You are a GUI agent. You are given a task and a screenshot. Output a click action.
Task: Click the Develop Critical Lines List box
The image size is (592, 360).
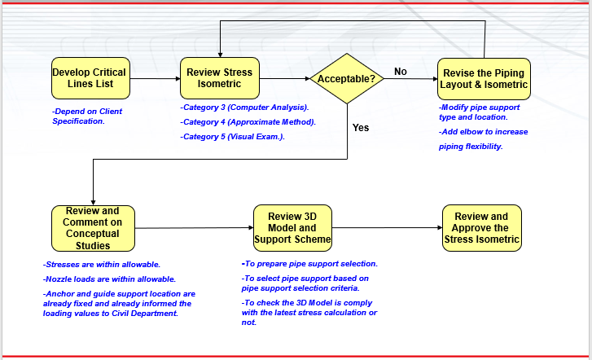90,78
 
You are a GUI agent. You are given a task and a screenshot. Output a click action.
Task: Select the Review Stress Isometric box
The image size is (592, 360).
220,78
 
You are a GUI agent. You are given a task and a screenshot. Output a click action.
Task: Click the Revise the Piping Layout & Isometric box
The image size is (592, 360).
484,78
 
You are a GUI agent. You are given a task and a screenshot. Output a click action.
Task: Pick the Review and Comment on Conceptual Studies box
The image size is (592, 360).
92,228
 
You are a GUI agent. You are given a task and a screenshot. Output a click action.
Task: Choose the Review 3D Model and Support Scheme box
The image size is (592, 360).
292,227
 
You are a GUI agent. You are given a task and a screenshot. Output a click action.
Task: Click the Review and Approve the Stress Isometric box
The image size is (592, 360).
481,228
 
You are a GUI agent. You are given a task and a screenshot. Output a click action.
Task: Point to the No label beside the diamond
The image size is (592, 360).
401,72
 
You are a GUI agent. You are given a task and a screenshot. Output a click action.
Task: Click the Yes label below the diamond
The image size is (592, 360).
361,128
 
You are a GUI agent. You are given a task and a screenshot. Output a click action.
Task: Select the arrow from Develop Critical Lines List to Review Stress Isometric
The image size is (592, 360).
154,79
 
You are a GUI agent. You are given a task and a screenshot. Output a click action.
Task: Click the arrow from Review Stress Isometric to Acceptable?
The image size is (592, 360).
285,79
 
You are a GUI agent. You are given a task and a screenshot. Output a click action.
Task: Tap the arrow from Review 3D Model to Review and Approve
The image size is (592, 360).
388,228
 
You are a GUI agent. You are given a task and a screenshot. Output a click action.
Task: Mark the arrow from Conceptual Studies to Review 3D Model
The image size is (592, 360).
194,228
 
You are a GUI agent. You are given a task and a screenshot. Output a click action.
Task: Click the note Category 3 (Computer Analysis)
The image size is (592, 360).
244,108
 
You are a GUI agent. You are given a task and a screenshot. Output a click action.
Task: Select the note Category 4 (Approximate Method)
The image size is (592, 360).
248,122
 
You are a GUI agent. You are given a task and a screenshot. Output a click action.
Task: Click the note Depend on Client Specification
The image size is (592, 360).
88,116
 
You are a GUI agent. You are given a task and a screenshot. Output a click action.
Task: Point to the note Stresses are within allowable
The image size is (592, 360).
102,265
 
